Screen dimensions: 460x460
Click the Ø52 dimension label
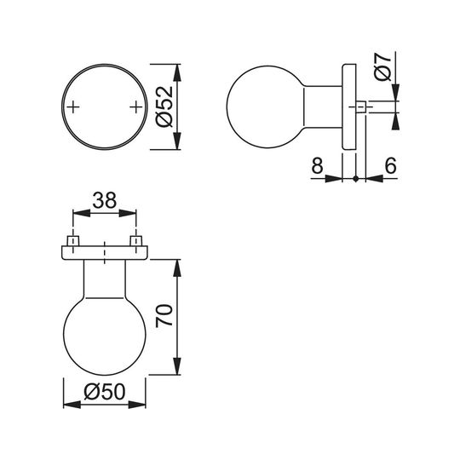[x=164, y=106]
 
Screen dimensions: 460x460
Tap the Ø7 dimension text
[x=383, y=66]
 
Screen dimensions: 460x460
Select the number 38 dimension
[x=105, y=200]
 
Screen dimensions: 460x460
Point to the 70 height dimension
[x=164, y=316]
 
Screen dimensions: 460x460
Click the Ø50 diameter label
[x=105, y=392]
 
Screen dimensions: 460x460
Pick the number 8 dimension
[x=317, y=165]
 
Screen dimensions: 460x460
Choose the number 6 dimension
[x=390, y=165]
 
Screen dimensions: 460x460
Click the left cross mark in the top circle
[x=73, y=107]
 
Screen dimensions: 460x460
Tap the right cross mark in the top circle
[x=135, y=107]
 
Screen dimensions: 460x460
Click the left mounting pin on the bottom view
[x=73, y=241]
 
